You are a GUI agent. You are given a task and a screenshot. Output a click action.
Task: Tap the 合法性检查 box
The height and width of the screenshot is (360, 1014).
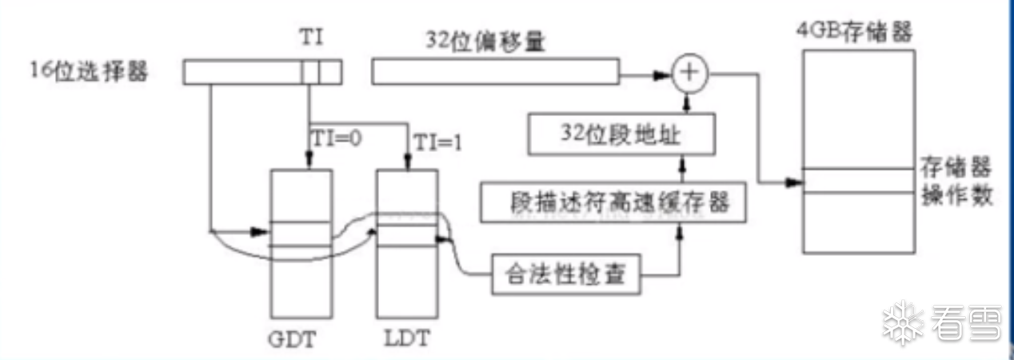[569, 277]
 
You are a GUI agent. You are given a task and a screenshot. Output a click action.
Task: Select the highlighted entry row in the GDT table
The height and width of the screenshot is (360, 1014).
[301, 234]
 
